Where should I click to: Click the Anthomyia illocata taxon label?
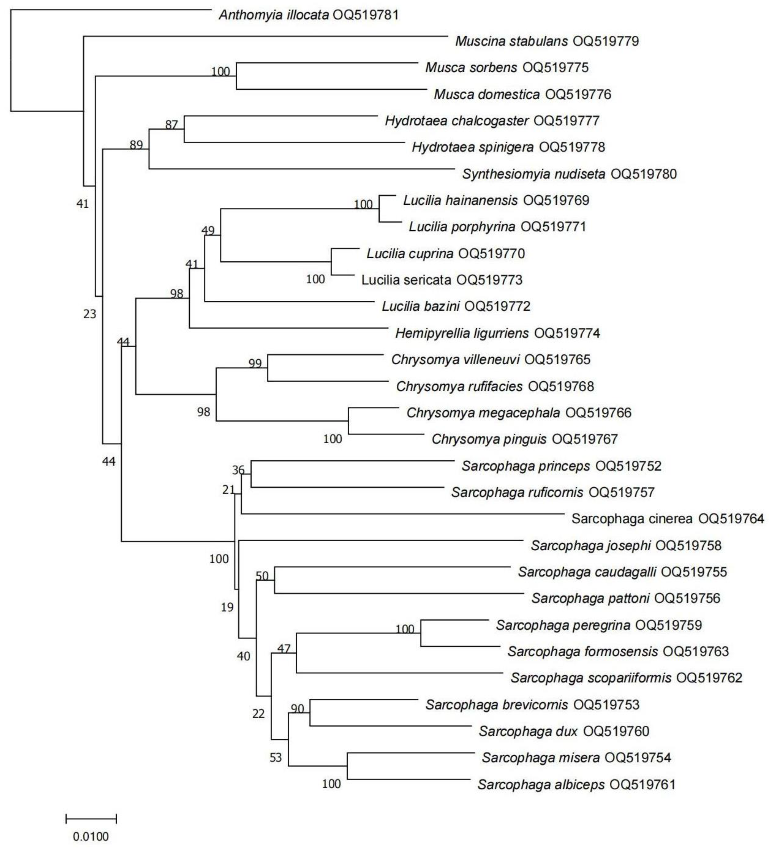point(273,16)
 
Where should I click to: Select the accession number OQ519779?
point(606,41)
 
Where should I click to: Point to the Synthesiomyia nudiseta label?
point(533,174)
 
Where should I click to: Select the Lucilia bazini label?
point(421,306)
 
